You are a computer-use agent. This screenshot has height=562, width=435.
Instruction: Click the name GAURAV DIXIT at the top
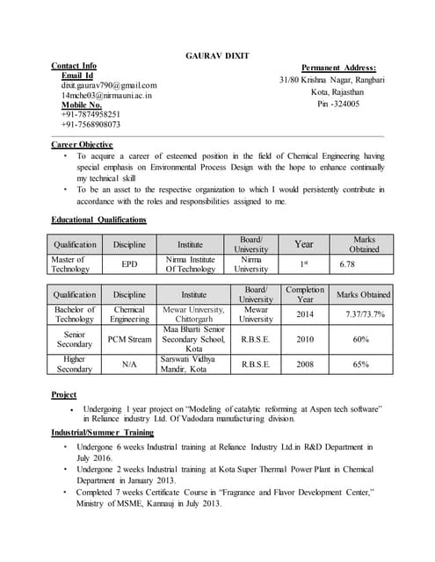pyautogui.click(x=217, y=55)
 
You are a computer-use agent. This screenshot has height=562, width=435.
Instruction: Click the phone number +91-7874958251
pyautogui.click(x=91, y=114)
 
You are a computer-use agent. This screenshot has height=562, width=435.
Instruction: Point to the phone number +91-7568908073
pyautogui.click(x=91, y=125)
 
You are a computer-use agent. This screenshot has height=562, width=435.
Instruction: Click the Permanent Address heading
pyautogui.click(x=338, y=68)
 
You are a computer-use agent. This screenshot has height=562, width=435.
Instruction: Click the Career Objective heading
pyautogui.click(x=82, y=144)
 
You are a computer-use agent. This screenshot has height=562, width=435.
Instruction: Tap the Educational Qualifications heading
pyautogui.click(x=98, y=220)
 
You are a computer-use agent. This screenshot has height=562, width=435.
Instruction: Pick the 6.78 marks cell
pyautogui.click(x=347, y=264)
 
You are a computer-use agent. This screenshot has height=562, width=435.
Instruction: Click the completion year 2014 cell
pyautogui.click(x=304, y=314)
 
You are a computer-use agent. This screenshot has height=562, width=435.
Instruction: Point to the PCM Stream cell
pyautogui.click(x=129, y=339)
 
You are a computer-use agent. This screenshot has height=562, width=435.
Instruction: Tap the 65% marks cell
pyautogui.click(x=360, y=364)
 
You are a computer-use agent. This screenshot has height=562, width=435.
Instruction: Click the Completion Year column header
pyautogui.click(x=304, y=294)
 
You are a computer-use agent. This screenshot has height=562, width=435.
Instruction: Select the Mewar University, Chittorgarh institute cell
pyautogui.click(x=193, y=314)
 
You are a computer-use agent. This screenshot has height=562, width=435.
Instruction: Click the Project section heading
pyautogui.click(x=64, y=395)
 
